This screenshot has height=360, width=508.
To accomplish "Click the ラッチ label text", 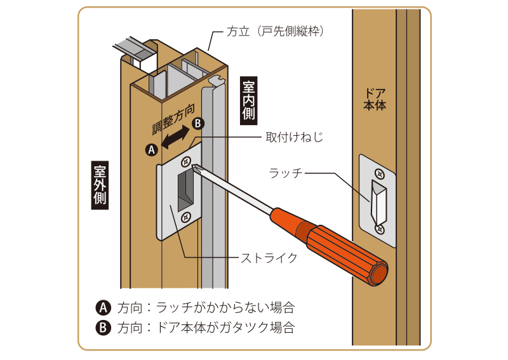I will [x=284, y=172].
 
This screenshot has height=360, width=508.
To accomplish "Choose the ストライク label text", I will [x=269, y=257].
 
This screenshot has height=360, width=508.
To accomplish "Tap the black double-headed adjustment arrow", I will [x=175, y=138].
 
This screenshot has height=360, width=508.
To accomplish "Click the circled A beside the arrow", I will [x=151, y=150].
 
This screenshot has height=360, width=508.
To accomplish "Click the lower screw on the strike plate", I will [x=186, y=217].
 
